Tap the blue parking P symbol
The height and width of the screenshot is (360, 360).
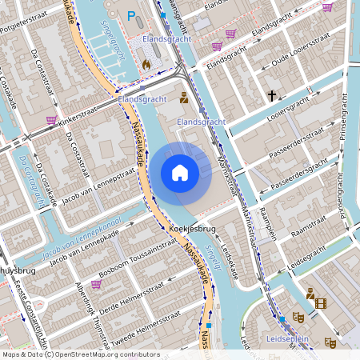131,15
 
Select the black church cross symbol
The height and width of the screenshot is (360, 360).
272,96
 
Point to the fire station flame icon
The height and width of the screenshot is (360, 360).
146,62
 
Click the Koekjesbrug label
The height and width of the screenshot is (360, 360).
194,229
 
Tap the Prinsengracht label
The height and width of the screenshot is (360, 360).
346,127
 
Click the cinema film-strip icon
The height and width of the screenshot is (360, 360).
321,303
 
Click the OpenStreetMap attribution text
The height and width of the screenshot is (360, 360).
80,354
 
